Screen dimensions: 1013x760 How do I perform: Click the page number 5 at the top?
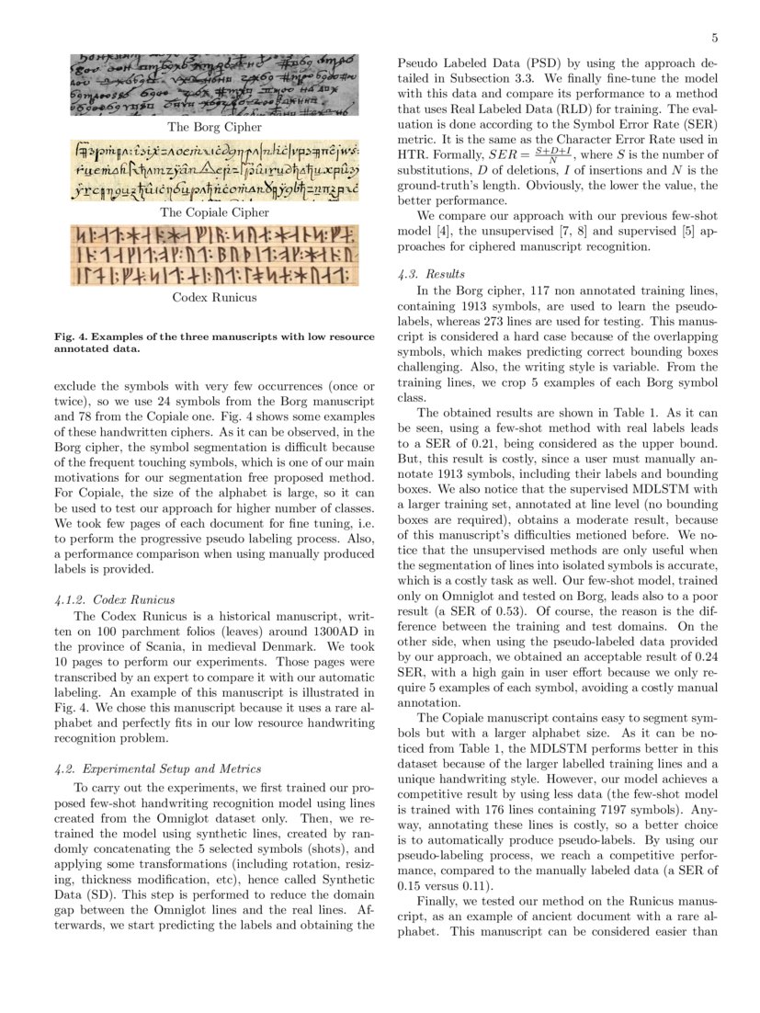point(714,38)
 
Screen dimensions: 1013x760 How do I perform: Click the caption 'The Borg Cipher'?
point(214,127)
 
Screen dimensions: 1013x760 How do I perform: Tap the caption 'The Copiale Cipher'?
point(214,212)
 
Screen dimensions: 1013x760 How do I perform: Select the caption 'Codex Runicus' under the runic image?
point(214,298)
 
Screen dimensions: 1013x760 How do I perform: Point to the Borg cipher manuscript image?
point(214,86)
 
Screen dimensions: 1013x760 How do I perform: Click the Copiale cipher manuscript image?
point(214,171)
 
